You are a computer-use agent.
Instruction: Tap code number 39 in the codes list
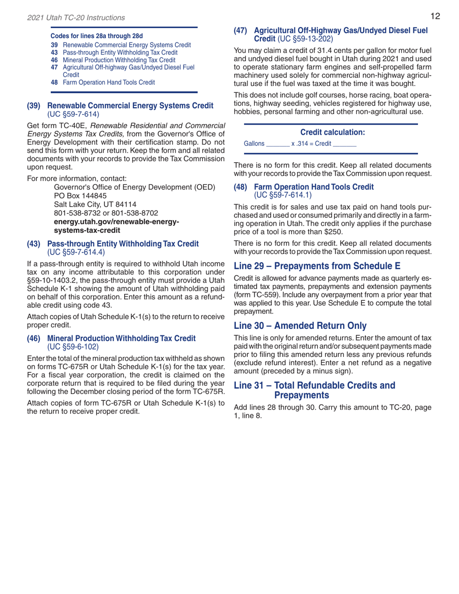point(55,44)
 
